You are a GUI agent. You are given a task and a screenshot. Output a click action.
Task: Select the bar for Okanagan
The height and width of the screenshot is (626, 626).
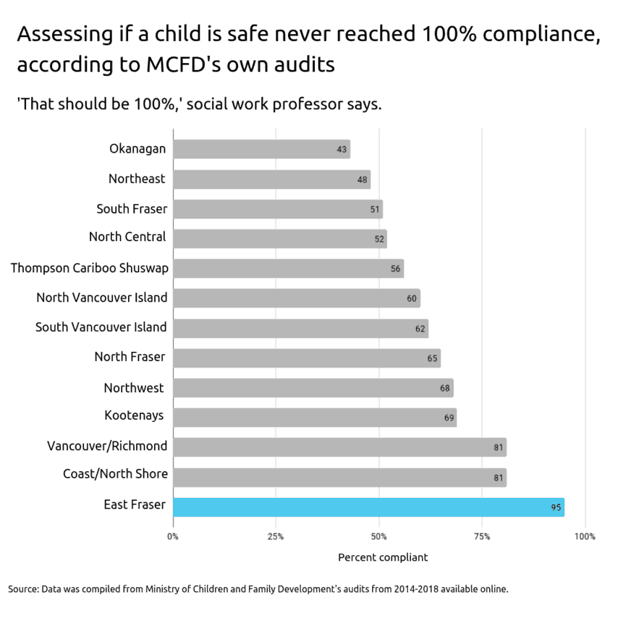click(261, 149)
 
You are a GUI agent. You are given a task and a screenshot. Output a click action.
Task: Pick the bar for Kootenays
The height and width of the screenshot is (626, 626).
click(315, 418)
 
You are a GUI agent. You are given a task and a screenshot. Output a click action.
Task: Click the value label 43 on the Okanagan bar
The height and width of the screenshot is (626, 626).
click(342, 150)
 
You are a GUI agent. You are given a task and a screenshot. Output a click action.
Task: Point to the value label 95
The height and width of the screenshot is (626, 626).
click(556, 507)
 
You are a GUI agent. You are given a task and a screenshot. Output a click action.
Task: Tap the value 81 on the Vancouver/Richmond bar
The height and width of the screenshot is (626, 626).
click(498, 447)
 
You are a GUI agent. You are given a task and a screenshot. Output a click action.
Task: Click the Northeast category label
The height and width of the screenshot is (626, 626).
click(137, 179)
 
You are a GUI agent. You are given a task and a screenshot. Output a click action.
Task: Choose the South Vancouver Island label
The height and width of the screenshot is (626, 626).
click(101, 328)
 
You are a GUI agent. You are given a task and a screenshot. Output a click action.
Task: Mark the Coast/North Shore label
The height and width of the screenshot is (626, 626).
click(115, 474)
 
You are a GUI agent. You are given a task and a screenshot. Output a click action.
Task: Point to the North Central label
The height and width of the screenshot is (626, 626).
click(127, 237)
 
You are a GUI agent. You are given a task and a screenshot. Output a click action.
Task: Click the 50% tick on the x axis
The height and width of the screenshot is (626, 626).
click(378, 536)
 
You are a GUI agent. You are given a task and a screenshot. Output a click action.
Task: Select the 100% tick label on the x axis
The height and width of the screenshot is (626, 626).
click(585, 536)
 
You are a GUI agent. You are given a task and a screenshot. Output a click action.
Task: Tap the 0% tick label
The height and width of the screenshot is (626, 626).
click(173, 536)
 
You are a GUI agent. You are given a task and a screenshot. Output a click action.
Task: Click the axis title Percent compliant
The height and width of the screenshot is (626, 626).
click(383, 557)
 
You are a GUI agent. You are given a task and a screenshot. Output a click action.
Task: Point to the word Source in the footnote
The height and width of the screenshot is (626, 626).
click(22, 588)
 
